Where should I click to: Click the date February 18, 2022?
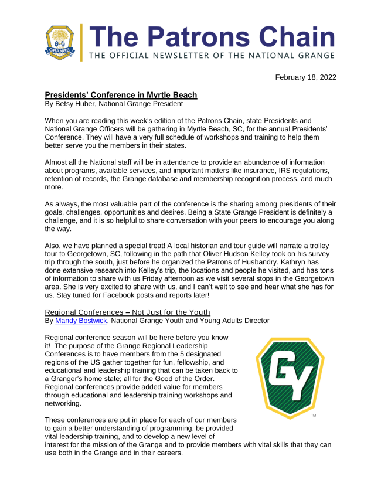tap(306, 77)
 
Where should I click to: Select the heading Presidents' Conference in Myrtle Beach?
tap(121, 95)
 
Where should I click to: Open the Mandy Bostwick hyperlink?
tap(77, 321)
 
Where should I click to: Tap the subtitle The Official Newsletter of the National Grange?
tap(212, 56)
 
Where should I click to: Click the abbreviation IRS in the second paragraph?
tap(277, 170)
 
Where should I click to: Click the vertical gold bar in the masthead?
tap(82, 42)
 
